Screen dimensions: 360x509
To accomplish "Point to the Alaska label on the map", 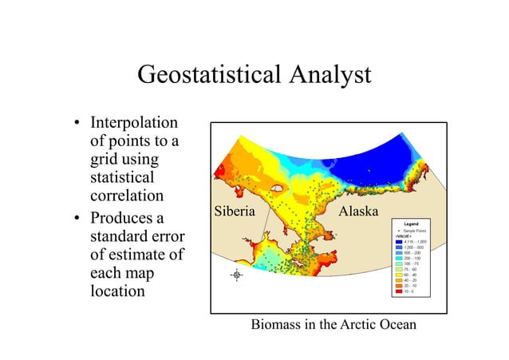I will point(359,212).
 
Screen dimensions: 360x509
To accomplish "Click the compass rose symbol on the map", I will point(236,275).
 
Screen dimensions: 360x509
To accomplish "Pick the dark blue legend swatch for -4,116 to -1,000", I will point(398,242).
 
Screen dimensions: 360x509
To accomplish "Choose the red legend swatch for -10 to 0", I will point(398,292).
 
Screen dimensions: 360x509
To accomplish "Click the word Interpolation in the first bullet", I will point(134,125).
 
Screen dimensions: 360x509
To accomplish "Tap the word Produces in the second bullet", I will point(126,219).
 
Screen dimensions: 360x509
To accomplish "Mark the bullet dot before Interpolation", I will point(77,125).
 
